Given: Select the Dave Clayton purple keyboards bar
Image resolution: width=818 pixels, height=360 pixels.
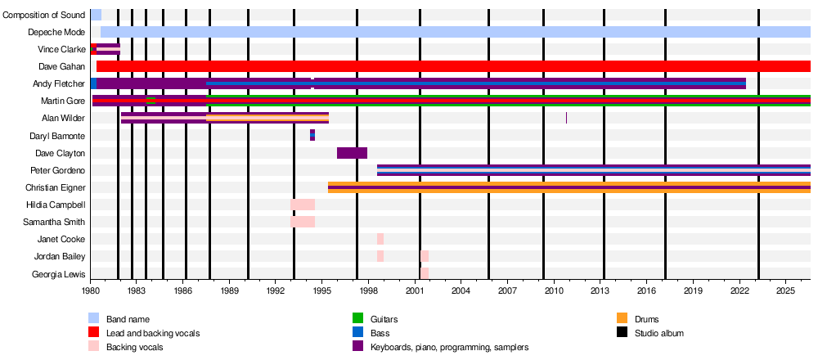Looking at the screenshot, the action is coord(352,153).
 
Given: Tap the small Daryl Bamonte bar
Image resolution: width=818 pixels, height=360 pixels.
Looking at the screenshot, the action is coord(312,136).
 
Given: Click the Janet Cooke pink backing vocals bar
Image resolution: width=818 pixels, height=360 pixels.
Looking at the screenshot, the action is coord(380,239).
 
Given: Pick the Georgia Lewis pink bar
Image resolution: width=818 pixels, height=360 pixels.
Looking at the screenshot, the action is coord(425,273).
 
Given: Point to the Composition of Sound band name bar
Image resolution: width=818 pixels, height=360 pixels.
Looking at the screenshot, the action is coord(96,15).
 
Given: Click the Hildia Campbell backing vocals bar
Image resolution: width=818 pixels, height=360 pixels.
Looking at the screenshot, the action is coord(303,205).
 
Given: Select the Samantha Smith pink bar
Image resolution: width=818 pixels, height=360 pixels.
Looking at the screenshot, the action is coord(303,222).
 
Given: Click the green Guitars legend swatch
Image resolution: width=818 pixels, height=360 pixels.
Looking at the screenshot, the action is coord(357,318).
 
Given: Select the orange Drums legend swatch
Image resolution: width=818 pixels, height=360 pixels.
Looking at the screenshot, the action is coord(622,318).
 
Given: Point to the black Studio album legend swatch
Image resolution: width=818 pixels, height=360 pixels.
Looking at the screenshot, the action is coord(622,332).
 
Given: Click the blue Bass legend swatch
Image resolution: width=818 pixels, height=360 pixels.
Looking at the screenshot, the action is coord(357,332).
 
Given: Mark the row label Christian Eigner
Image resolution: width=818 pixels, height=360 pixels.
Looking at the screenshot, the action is coord(56,187).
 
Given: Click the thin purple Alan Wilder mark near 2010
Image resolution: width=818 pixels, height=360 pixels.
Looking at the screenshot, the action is coord(567,118).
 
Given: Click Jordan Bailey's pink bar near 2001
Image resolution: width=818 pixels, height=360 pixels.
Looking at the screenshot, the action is coord(425,256).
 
